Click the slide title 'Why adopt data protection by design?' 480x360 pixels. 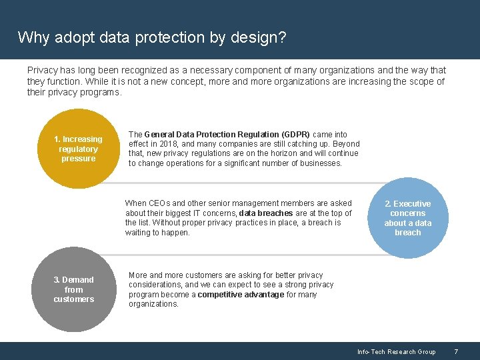click(152, 37)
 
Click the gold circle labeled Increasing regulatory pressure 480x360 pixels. click(78, 149)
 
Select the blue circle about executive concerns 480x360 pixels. click(407, 218)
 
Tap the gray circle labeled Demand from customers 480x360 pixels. click(73, 289)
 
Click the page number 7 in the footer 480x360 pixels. click(456, 351)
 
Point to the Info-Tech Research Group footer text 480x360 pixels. click(396, 351)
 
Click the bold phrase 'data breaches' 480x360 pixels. click(265, 213)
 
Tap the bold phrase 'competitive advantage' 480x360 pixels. click(241, 295)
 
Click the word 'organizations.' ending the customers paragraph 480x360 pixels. click(154, 304)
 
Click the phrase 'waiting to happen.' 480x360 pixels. click(157, 233)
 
